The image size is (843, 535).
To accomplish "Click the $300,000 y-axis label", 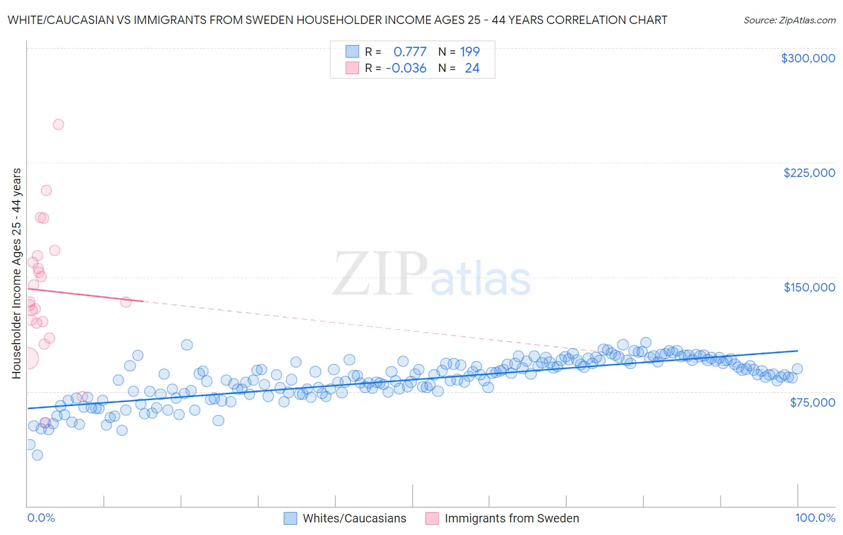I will click(808, 58).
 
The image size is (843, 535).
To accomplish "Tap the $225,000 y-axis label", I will click(809, 173).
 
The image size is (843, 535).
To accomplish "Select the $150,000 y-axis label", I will click(809, 287).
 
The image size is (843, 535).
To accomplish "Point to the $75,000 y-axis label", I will click(812, 402).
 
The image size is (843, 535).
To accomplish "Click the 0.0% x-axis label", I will click(41, 518).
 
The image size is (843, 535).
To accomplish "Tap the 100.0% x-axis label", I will click(815, 518).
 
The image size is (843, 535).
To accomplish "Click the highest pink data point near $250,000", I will click(58, 125).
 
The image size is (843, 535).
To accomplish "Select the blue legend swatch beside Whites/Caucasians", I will click(290, 518).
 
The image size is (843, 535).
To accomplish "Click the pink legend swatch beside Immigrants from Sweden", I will click(432, 518).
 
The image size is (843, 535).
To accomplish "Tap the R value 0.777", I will click(410, 52).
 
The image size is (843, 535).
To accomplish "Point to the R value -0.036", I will click(406, 68).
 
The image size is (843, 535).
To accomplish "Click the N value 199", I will click(469, 52).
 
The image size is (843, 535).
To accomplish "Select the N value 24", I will click(472, 68).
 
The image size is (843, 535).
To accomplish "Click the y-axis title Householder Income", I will click(16, 273).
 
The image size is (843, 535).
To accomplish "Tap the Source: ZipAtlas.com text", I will click(789, 20).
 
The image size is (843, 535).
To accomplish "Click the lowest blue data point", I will click(37, 455).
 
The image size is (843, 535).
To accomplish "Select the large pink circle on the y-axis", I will click(28, 359).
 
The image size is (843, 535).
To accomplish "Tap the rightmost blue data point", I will click(797, 369).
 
